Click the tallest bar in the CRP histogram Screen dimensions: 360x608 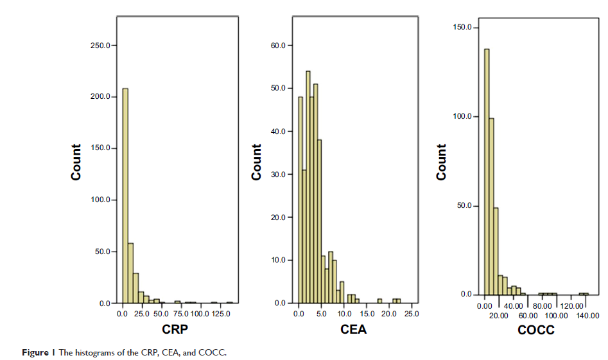(x=125, y=196)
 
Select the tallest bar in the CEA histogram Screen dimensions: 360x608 (x=308, y=187)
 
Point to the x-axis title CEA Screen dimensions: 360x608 (x=354, y=330)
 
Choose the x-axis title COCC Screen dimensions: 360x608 (x=535, y=330)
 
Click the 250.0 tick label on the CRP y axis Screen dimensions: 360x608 (x=101, y=46)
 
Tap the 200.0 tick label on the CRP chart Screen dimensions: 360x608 (x=101, y=97)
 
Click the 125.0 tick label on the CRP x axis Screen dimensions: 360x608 (x=220, y=314)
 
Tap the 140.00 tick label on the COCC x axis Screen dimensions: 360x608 (x=587, y=316)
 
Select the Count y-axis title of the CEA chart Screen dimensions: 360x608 (x=257, y=162)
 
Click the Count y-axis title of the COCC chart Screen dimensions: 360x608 (x=441, y=162)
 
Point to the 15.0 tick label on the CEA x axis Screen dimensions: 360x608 (x=367, y=314)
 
